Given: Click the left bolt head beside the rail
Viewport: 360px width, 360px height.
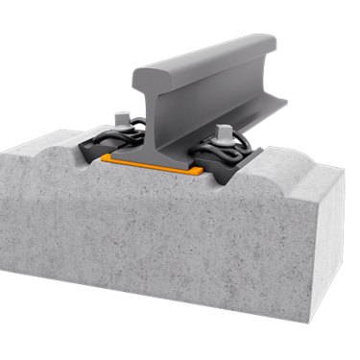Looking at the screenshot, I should pos(123,120).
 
